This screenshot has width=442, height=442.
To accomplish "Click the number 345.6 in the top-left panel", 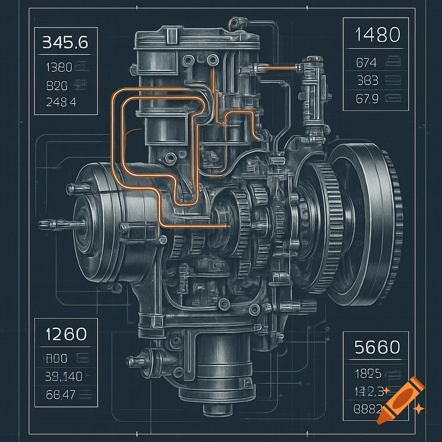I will [x=65, y=43].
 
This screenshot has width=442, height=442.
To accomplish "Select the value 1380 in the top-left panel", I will [x=59, y=67].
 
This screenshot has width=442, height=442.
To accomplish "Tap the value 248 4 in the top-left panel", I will [x=60, y=102].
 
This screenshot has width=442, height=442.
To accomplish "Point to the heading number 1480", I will [x=377, y=35].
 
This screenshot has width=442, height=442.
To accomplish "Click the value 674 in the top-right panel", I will [x=366, y=63].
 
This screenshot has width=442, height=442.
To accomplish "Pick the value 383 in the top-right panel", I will [x=368, y=81].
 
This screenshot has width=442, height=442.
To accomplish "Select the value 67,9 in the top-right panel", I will [x=367, y=99].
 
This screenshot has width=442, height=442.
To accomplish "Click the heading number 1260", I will [x=66, y=334].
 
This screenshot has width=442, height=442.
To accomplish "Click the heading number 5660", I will [x=377, y=347].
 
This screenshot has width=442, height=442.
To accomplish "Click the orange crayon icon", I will [x=400, y=399].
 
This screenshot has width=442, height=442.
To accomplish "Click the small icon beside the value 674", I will [x=393, y=63].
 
